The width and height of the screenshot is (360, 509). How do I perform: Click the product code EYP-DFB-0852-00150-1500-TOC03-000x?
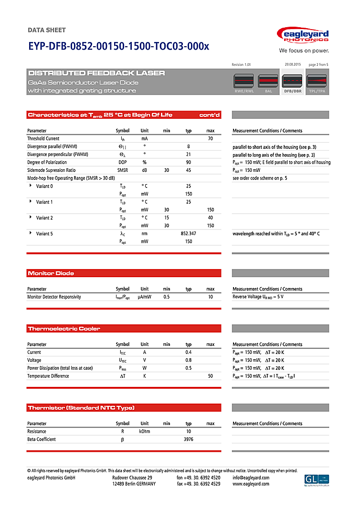point(118,46)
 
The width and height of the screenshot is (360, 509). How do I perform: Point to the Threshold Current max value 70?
point(210,138)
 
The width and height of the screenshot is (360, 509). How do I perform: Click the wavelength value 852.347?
point(189,233)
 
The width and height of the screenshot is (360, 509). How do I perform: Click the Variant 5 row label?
point(44,233)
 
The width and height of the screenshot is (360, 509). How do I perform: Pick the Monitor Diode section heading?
point(51,273)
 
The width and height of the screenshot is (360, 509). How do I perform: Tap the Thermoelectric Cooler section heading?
point(64,329)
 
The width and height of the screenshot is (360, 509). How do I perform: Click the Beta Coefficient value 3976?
point(189,439)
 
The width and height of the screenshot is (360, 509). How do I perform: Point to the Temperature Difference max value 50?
point(210,376)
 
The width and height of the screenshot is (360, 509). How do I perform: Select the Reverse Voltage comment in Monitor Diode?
point(258,297)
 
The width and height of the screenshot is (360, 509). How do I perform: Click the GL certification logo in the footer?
point(316,480)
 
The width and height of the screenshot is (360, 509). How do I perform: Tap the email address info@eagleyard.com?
point(251,478)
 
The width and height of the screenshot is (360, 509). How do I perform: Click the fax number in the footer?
point(199,484)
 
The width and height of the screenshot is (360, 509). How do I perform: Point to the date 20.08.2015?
point(292,64)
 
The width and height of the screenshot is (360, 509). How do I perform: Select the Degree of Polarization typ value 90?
point(189,162)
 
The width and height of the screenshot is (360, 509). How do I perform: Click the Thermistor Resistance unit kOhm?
point(145,431)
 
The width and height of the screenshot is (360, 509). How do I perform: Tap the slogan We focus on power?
point(304,50)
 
